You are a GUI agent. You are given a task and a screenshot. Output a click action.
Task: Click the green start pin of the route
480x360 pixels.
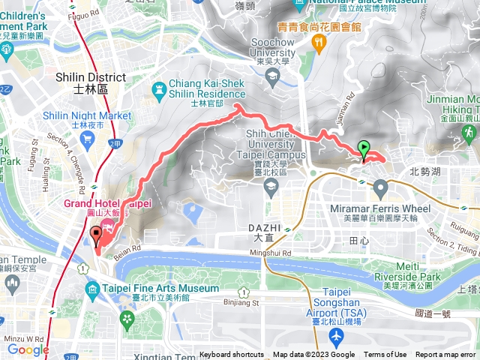[x=364, y=149]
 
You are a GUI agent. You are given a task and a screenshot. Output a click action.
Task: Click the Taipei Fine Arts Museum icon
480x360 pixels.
[x=92, y=289]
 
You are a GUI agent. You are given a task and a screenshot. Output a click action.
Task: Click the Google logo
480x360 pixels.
[x=28, y=349]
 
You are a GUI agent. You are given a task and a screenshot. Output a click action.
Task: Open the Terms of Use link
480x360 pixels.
[x=385, y=355]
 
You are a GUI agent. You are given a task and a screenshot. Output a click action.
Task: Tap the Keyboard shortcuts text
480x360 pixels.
[x=232, y=355]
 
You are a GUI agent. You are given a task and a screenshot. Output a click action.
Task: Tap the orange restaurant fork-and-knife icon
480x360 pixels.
[x=319, y=43]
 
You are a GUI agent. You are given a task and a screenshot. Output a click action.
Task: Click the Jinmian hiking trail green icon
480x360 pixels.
[x=468, y=132]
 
